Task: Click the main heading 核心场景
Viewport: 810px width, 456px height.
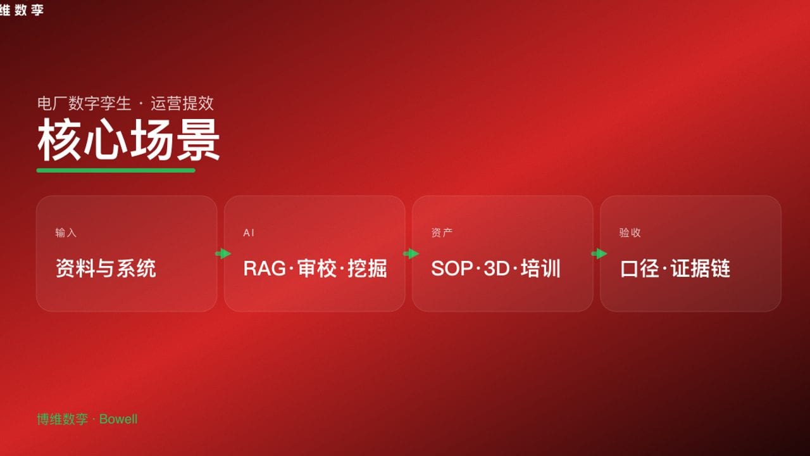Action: [128, 141]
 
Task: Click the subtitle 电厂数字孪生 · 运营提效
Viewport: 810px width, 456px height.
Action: [125, 103]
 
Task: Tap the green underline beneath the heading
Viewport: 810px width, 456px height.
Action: [116, 170]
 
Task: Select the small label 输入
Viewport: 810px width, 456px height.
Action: [66, 232]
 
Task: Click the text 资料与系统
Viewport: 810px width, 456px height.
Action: [106, 269]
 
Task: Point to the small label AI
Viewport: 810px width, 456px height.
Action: [249, 232]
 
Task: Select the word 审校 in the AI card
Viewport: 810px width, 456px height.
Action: [315, 269]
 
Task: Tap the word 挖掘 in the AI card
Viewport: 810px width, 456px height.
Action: [367, 269]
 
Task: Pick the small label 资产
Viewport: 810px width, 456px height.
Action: [442, 232]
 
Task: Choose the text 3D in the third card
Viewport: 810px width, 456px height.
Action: [496, 269]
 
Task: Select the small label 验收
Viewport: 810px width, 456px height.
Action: [630, 232]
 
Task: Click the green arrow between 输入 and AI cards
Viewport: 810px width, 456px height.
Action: [223, 254]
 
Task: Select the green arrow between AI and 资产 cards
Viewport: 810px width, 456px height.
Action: [411, 254]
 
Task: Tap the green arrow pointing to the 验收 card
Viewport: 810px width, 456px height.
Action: [599, 254]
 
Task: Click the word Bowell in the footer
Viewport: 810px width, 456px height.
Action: [118, 419]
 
